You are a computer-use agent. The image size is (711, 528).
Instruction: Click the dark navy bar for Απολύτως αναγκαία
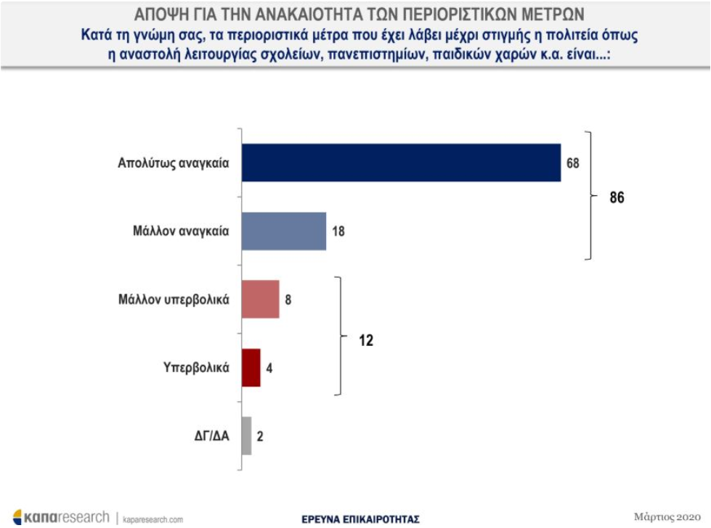(402, 163)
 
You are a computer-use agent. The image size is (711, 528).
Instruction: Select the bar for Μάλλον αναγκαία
(284, 231)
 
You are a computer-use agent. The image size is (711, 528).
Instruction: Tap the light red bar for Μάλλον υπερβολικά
(260, 300)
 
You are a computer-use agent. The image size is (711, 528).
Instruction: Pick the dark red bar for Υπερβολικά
(251, 368)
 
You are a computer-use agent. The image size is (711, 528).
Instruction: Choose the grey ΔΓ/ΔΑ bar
(247, 436)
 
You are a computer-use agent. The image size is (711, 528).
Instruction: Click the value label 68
(573, 163)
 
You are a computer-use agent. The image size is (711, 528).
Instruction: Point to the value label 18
(338, 231)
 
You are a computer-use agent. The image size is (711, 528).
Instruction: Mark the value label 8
(288, 300)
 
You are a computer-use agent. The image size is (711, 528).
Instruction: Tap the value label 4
(269, 368)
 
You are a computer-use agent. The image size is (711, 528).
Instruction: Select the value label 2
(260, 436)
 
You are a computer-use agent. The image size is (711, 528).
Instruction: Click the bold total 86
(617, 197)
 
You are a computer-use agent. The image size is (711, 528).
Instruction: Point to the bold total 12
(366, 340)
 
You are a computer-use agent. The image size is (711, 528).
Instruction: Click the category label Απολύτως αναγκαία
(174, 163)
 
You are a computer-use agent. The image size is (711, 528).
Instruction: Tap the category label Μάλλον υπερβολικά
(174, 300)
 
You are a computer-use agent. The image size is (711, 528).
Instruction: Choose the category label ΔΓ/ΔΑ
(212, 436)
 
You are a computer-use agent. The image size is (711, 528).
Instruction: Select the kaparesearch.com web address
(153, 519)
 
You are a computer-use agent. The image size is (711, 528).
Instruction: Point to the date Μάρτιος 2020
(667, 516)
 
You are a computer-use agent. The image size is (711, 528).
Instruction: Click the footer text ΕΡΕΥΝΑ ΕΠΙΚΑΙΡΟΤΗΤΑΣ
(360, 519)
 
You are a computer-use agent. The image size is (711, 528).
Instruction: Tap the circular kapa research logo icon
(17, 517)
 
